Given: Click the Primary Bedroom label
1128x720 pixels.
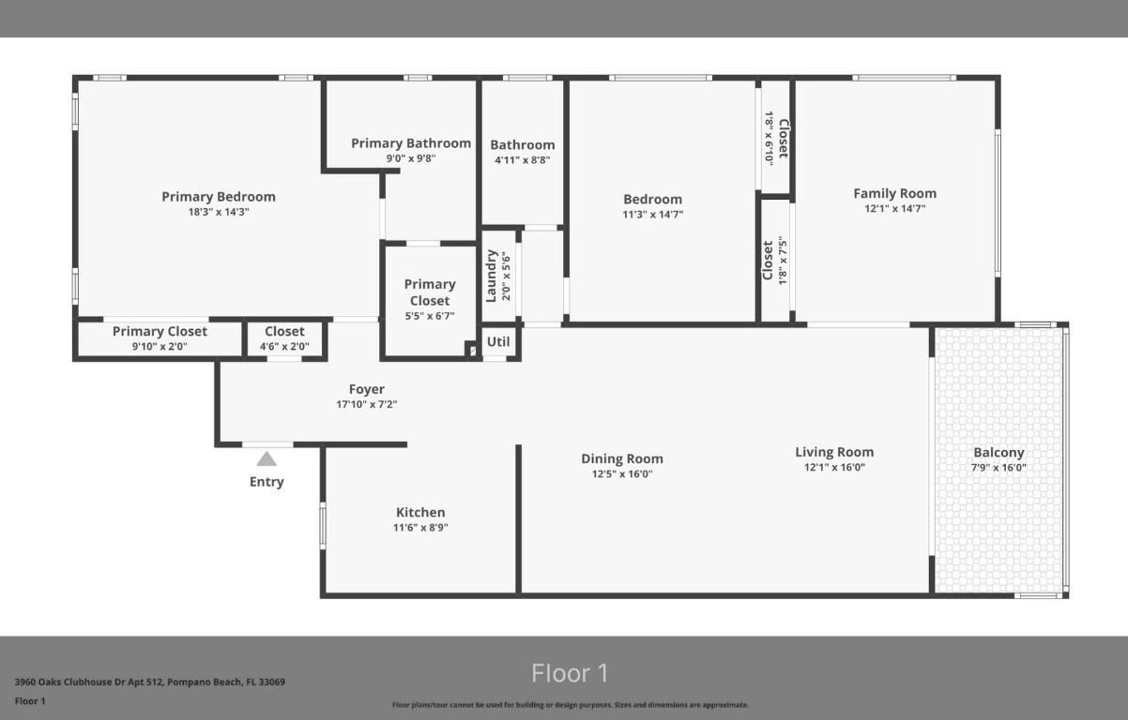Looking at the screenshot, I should pyautogui.click(x=219, y=197).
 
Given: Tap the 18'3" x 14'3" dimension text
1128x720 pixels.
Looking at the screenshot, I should pyautogui.click(x=219, y=212).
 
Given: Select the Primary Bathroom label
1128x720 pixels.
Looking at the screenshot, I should pyautogui.click(x=411, y=143).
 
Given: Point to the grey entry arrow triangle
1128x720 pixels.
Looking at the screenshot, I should pyautogui.click(x=267, y=458).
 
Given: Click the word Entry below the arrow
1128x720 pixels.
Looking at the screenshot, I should pyautogui.click(x=267, y=482).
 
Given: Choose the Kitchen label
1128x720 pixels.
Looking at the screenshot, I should pyautogui.click(x=420, y=512).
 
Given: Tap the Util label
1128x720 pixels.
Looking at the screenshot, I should pyautogui.click(x=498, y=341).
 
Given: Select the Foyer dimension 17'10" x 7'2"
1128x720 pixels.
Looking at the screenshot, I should pyautogui.click(x=367, y=405).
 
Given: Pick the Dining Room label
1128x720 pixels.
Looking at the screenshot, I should pyautogui.click(x=622, y=458).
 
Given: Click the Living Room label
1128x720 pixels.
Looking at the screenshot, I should pyautogui.click(x=834, y=452).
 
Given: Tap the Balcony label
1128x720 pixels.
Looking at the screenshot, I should pyautogui.click(x=998, y=453).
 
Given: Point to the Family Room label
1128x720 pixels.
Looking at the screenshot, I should pyautogui.click(x=894, y=193).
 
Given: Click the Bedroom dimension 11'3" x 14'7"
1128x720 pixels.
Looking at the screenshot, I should pyautogui.click(x=653, y=214).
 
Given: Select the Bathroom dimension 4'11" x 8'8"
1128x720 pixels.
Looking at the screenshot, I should pyautogui.click(x=523, y=159).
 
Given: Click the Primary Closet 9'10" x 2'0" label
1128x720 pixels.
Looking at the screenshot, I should pyautogui.click(x=160, y=331).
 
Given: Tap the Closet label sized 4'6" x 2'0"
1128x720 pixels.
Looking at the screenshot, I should pyautogui.click(x=284, y=331).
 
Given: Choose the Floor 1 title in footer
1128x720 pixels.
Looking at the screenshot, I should pyautogui.click(x=570, y=673).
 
